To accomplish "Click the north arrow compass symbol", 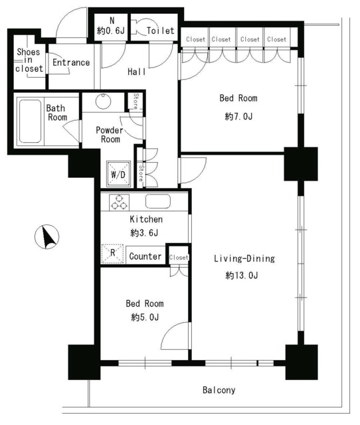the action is click(46, 237).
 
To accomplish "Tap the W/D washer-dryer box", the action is click(118, 174).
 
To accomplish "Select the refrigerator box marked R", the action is click(112, 254).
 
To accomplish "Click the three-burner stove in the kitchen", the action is click(119, 203).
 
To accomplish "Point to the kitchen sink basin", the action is click(158, 202).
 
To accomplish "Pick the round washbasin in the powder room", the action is click(103, 101).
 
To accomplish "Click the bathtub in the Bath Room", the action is click(30, 121).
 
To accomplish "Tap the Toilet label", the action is click(161, 31).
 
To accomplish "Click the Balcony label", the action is click(219, 390).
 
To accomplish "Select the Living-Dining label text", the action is click(244, 258).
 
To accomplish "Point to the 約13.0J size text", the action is click(242, 276).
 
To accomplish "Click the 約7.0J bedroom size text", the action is click(238, 117).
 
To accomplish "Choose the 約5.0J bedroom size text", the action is click(145, 317).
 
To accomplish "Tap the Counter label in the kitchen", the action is click(145, 256).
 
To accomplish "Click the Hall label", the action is click(137, 72).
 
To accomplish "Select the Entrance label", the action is click(71, 62).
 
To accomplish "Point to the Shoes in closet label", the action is click(29, 60).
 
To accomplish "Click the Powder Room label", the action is click(110, 135).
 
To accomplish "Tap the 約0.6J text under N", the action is click(111, 31).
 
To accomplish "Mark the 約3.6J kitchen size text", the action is click(145, 233).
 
